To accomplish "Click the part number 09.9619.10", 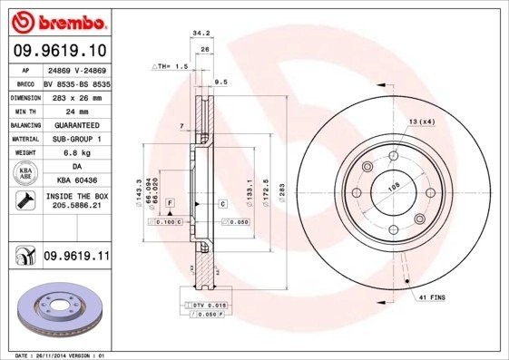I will [x=59, y=49].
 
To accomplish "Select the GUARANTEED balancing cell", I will [x=76, y=125].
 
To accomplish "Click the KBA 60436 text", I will [x=75, y=180].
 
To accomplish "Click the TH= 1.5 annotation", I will [x=171, y=67].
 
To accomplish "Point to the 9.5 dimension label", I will [x=220, y=83].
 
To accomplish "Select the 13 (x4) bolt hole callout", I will [x=421, y=121].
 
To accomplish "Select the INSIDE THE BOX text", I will [x=76, y=200].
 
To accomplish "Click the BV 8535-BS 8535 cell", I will [x=76, y=82].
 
